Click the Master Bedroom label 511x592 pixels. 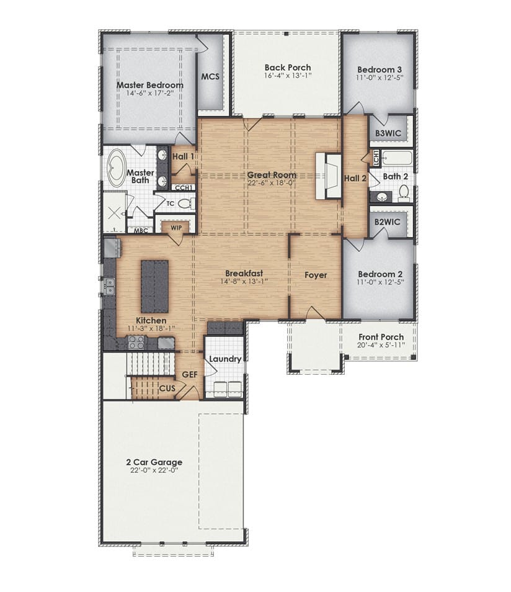coord(150,85)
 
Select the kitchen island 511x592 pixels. coord(155,286)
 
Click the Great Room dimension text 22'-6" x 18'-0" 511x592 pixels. coord(272,182)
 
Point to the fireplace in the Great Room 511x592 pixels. coord(328,176)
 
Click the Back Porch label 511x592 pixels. coord(288,68)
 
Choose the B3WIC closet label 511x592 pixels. coord(388,133)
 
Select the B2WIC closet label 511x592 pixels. coord(387,222)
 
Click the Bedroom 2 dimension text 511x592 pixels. coord(380,282)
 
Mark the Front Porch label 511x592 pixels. coord(381,337)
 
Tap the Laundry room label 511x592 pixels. coord(225,359)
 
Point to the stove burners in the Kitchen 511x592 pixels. coord(136,343)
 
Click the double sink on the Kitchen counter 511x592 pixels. coord(109,286)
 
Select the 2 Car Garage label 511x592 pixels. coord(154,462)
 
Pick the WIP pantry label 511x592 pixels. coord(176,228)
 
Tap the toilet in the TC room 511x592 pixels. coord(185,204)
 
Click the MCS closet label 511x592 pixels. coord(210,76)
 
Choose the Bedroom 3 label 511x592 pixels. coord(380,70)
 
